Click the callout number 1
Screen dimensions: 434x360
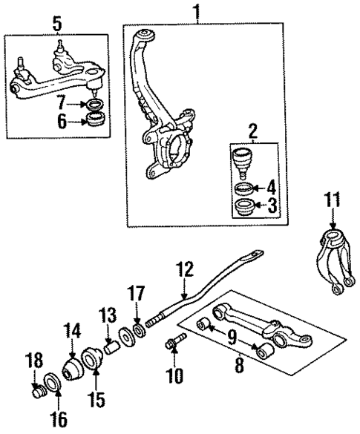pyautogui.click(x=196, y=12)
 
